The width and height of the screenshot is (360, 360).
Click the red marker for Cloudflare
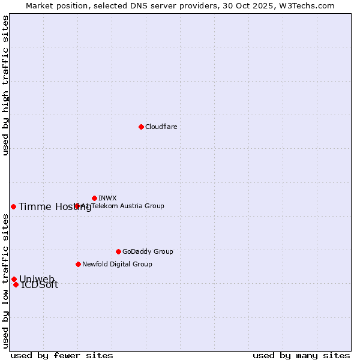coord(141,127)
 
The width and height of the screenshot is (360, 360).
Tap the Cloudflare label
coord(161,127)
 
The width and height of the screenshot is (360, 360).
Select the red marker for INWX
coord(94,198)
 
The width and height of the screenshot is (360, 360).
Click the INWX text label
coord(107,198)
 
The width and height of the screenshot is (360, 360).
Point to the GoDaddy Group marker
coord(118,251)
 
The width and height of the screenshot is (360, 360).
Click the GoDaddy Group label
coord(148,251)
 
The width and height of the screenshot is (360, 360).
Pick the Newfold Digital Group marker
coord(78,264)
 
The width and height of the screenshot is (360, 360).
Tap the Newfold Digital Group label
coord(117,264)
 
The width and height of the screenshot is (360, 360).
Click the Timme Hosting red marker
coord(13,206)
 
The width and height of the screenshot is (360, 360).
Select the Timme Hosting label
coord(55,207)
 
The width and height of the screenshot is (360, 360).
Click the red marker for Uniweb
coord(14,279)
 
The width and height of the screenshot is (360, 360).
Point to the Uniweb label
coord(37,279)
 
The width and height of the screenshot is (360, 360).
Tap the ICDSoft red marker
coord(16,284)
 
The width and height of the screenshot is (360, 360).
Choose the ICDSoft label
coord(40,285)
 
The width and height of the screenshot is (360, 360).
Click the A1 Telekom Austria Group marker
coord(77,206)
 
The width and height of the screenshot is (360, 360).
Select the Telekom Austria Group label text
coord(127,206)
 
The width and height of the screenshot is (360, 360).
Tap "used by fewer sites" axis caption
coord(62,355)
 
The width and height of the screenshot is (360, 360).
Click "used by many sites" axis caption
coord(301,355)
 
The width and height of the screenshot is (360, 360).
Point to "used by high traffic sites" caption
coord(5,85)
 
